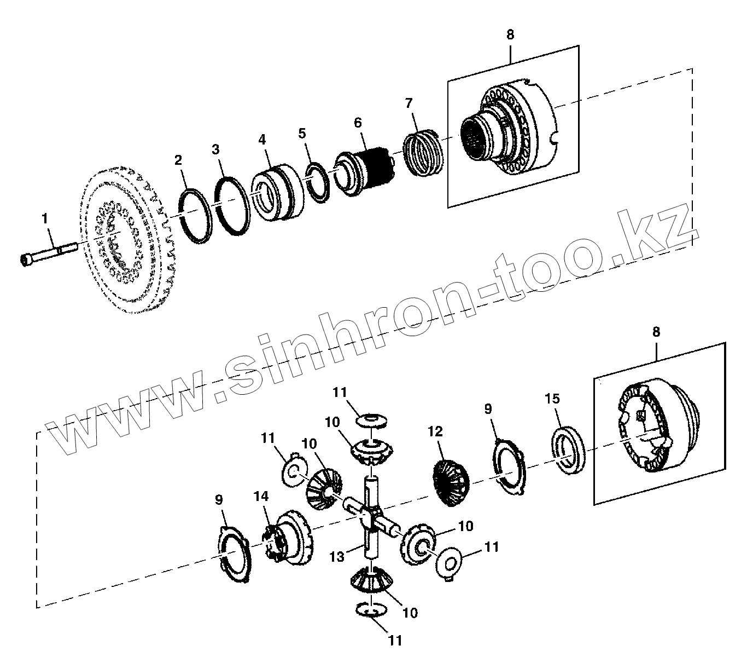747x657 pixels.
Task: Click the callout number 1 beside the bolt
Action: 45,219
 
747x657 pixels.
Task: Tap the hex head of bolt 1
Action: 26,260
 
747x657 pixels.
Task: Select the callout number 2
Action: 178,160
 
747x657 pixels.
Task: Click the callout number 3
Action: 216,149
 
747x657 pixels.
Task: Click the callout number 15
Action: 552,399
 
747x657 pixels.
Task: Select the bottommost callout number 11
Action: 395,640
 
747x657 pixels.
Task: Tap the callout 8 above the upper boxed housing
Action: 510,34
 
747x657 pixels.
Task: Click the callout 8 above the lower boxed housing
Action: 656,332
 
